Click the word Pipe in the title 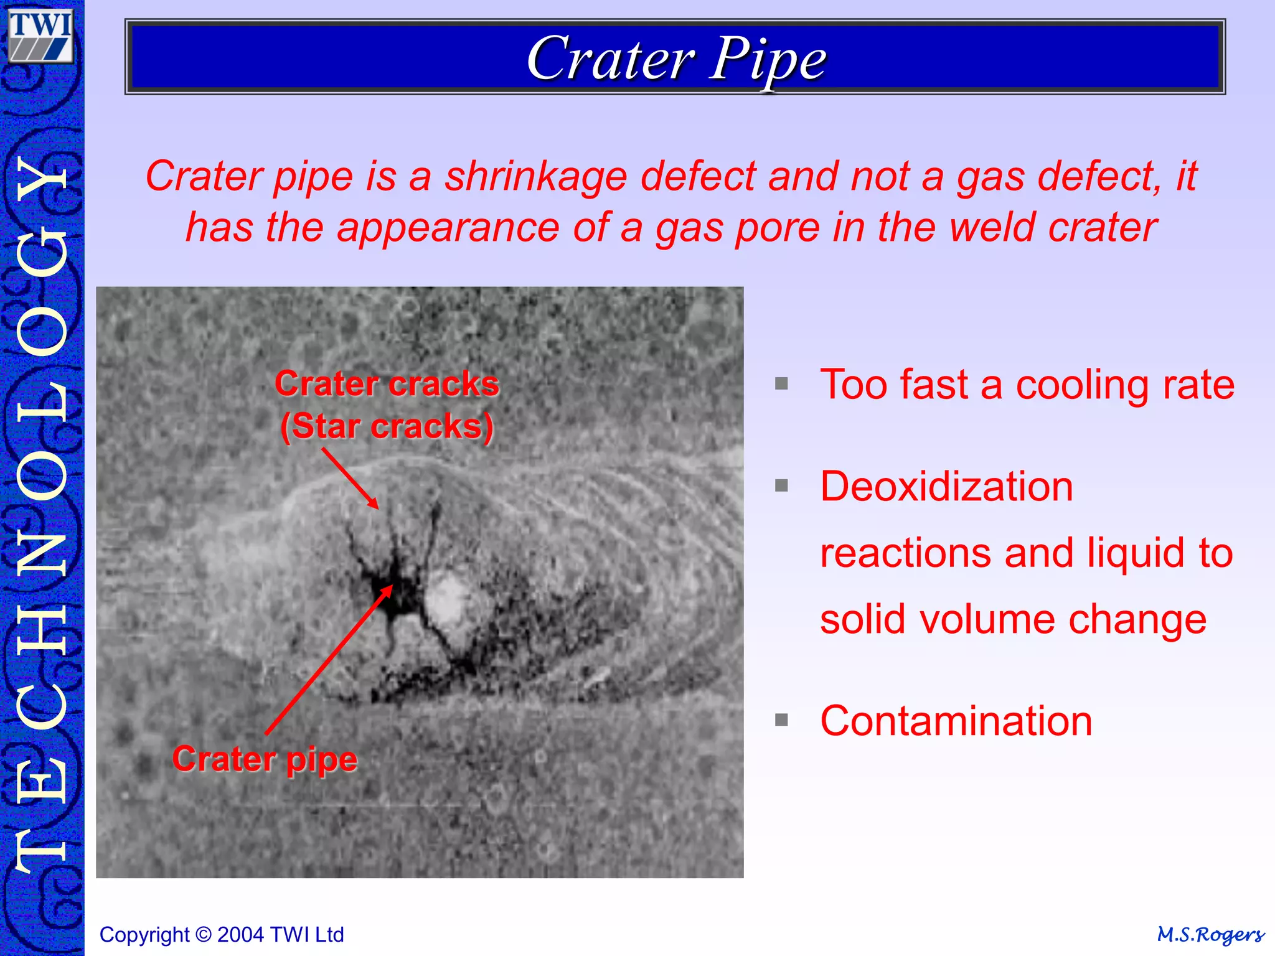[x=768, y=60]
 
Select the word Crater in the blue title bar [x=610, y=59]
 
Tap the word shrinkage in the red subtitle [x=535, y=176]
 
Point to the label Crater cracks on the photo [x=387, y=383]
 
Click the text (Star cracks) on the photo [x=387, y=426]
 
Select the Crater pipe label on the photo [x=265, y=759]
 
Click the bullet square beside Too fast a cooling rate [x=781, y=383]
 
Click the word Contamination [x=956, y=721]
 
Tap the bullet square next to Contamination [x=781, y=720]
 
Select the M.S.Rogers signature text [x=1210, y=935]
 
